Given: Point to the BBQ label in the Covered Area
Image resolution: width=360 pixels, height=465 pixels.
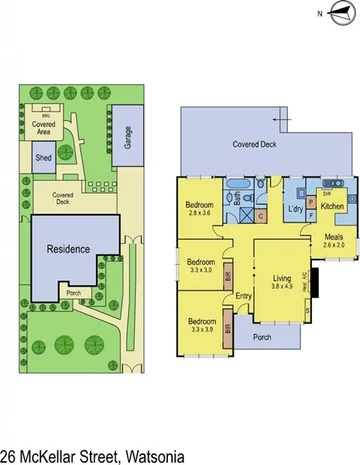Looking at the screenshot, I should (43, 113).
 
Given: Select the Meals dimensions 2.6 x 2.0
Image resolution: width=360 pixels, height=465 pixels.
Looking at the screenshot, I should (333, 245).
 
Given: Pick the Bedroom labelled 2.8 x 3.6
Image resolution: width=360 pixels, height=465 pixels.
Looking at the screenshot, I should (201, 213).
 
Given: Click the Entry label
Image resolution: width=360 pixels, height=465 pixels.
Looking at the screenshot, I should (244, 295).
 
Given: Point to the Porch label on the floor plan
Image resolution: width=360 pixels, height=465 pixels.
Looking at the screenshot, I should (263, 336).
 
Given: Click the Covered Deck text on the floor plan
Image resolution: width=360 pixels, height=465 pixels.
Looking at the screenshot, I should (254, 144).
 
